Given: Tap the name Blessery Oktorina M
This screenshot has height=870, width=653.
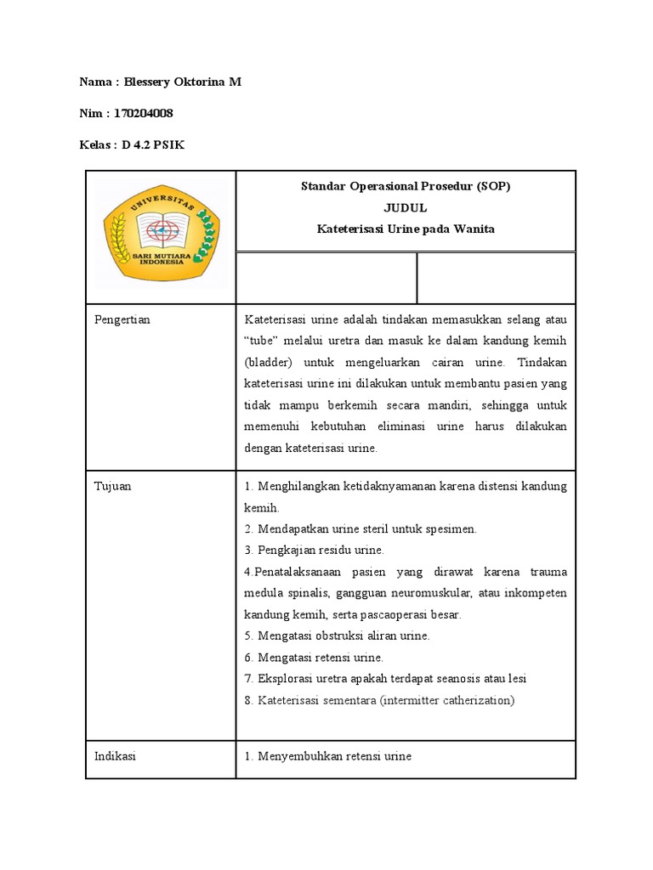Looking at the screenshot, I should (184, 82).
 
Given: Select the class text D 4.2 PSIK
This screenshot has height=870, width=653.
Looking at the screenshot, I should (153, 144).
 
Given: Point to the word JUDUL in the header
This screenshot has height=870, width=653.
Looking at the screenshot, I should (406, 207).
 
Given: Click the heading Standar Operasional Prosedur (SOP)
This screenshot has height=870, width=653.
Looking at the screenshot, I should (406, 186).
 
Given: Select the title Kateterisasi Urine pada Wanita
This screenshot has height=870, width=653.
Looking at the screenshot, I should (406, 229).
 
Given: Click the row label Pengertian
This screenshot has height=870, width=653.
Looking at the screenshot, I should (122, 319).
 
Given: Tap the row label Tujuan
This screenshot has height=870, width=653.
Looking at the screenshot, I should (113, 486).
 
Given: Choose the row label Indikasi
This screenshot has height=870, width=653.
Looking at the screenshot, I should (115, 755).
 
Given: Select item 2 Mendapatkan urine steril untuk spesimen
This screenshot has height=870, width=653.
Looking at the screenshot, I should (361, 528).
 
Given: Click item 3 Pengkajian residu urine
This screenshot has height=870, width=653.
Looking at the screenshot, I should (315, 550).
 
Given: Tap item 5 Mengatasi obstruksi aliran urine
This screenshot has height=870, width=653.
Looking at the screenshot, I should (337, 636).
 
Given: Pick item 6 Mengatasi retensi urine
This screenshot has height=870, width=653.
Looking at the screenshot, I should (314, 657).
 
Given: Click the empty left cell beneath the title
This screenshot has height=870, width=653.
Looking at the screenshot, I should (326, 278).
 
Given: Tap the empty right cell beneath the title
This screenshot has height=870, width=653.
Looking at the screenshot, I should (496, 278).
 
